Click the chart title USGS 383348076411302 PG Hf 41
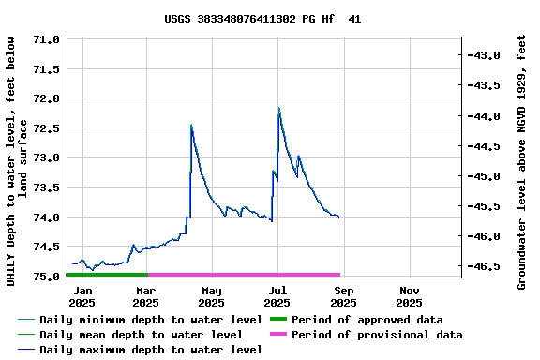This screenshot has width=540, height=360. pos(262,19)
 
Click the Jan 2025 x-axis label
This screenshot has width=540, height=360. pos(82,296)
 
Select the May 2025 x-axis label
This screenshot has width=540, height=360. pos(212,296)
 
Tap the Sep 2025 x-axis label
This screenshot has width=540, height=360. pos(343,296)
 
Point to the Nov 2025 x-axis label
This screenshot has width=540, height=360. pos(409,296)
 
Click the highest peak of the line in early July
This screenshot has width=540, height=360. pos(278,109)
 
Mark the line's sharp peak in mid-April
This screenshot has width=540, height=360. pos(191,125)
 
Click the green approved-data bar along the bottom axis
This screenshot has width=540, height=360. pos(107,275)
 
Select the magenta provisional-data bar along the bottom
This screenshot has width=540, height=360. pos(244,275)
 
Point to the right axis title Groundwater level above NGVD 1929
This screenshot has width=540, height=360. pos(522,161)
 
